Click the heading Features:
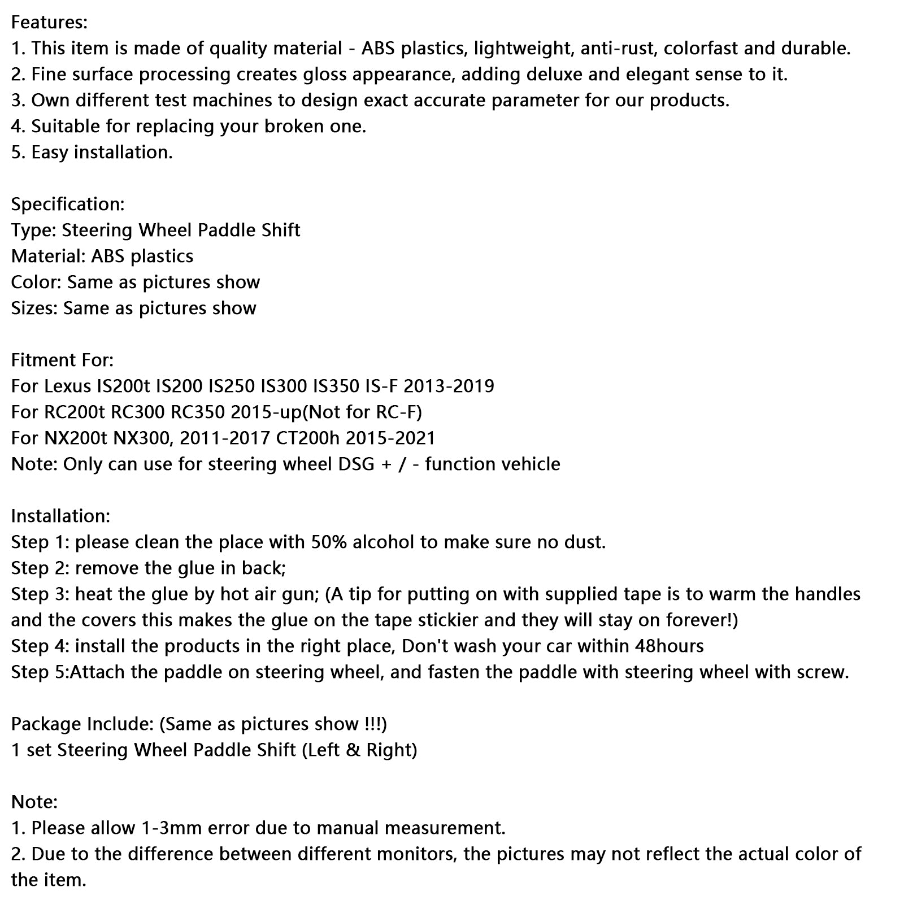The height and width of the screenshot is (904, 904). click(x=49, y=23)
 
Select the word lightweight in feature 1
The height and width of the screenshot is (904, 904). click(x=522, y=49)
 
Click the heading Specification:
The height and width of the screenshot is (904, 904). click(x=68, y=205)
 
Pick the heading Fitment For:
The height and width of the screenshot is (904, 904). click(x=62, y=360)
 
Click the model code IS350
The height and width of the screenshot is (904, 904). click(x=336, y=386)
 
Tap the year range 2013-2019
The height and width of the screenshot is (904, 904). click(x=449, y=386)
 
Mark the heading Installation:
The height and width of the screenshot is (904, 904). click(x=60, y=516)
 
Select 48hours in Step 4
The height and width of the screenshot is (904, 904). click(x=670, y=646)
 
